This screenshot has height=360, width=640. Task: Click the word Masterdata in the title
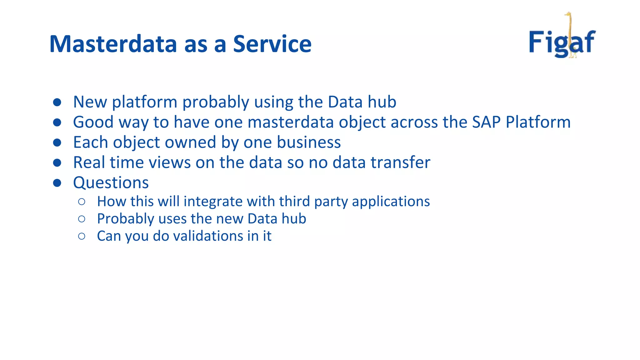click(x=113, y=44)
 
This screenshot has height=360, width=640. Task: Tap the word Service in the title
click(x=272, y=44)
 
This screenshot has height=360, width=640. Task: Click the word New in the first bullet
click(x=90, y=102)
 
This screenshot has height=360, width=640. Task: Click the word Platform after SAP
click(x=538, y=122)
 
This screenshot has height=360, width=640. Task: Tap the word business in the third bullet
click(x=309, y=142)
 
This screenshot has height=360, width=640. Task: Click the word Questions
click(x=111, y=183)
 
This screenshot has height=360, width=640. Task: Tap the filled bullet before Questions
click(x=57, y=183)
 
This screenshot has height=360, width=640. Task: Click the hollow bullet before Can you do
click(x=82, y=236)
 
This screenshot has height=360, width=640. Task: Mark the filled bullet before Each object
click(x=57, y=143)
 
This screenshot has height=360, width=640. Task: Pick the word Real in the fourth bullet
click(x=89, y=162)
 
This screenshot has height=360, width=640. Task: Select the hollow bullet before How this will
click(x=82, y=202)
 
